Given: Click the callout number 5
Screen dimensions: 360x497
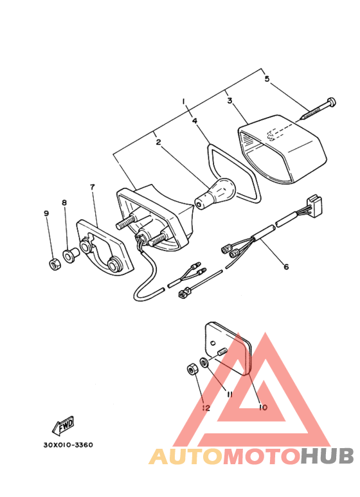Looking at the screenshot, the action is click(x=267, y=78).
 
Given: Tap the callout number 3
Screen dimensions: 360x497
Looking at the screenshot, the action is click(x=230, y=101).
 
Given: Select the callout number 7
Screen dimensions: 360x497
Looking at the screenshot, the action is click(x=92, y=187).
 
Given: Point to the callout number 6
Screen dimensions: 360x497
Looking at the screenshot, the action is click(x=286, y=267).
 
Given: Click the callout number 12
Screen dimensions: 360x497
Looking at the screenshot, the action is click(x=206, y=408).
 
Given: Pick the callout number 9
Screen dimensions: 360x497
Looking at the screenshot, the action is click(x=46, y=213).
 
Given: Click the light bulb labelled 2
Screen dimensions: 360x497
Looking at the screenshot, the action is click(x=215, y=194).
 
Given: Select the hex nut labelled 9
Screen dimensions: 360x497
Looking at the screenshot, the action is click(x=56, y=264).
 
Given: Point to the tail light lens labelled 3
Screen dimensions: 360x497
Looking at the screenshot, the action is click(x=283, y=149).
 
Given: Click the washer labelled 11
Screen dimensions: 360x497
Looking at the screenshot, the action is click(x=204, y=362).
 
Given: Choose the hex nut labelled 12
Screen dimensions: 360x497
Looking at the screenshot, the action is click(x=192, y=370).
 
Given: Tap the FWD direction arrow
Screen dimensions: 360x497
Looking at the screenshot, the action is click(x=63, y=426).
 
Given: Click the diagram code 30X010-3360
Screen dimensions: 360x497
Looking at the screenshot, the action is click(x=68, y=445).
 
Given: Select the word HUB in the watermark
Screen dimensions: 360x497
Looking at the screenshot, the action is click(x=327, y=456).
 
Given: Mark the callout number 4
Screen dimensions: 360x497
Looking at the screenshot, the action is click(x=194, y=121).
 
